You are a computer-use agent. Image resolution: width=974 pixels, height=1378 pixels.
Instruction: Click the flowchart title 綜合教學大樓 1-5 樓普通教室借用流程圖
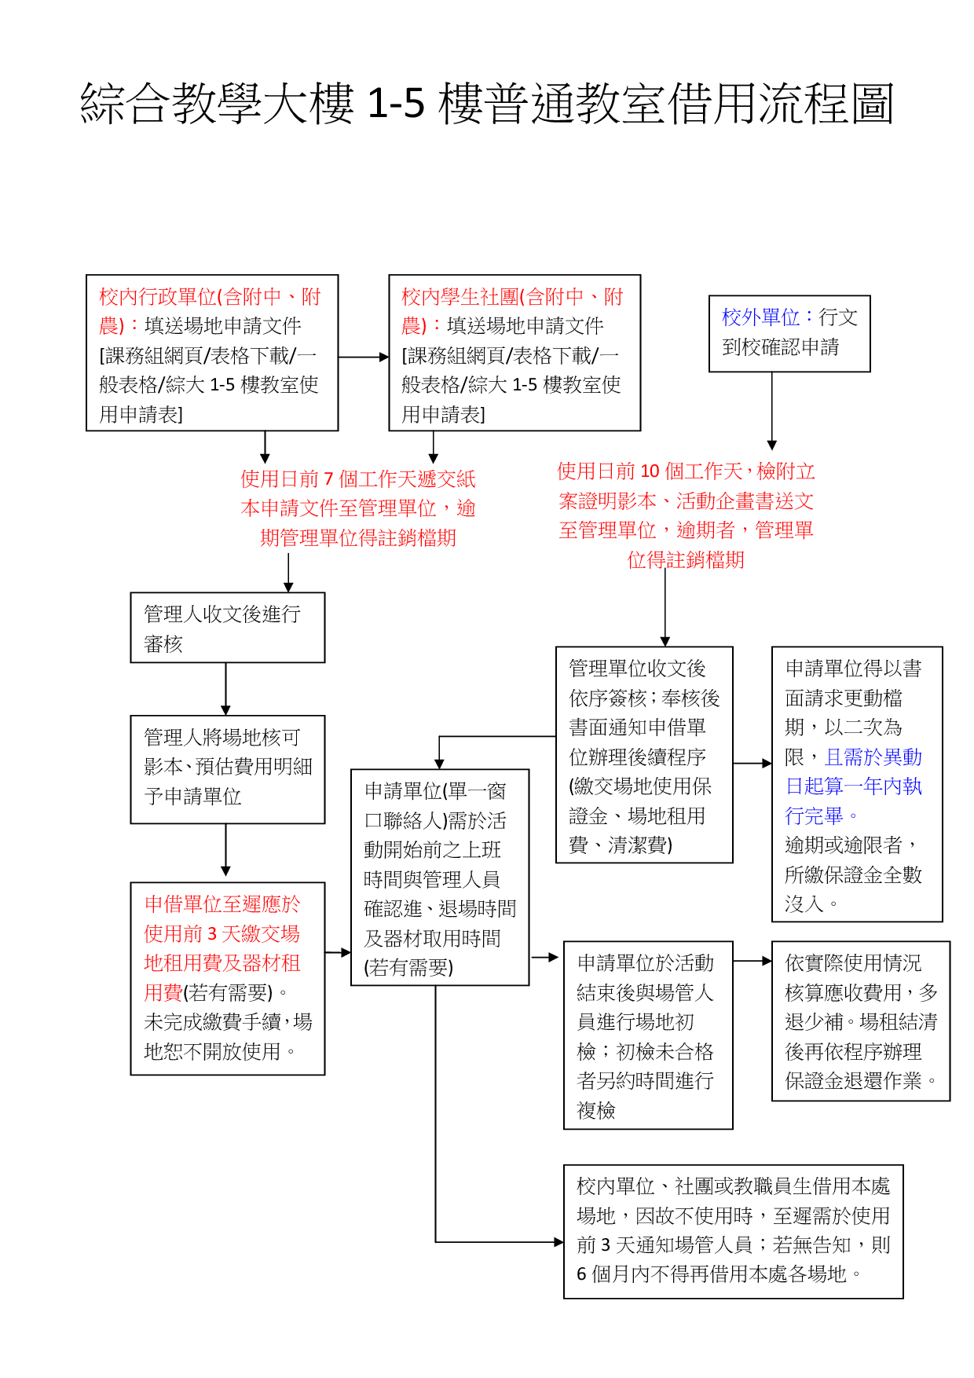click(487, 104)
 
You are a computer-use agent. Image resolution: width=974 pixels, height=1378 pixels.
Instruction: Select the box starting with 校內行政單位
click(212, 354)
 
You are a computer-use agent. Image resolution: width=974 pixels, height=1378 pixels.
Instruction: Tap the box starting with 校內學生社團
click(514, 354)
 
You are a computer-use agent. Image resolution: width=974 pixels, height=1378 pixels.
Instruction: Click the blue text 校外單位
click(760, 317)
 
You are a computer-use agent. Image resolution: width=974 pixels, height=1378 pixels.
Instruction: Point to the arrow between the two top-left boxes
click(363, 357)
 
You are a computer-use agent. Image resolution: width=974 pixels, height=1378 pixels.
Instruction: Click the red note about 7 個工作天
click(358, 508)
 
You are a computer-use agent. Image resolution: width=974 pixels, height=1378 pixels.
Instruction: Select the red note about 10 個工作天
click(686, 515)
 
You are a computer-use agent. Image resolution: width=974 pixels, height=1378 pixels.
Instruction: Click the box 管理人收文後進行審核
click(227, 628)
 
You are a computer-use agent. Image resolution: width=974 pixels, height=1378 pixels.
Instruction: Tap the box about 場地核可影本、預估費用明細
click(227, 769)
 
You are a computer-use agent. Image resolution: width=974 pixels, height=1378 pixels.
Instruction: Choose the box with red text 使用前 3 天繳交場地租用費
click(227, 978)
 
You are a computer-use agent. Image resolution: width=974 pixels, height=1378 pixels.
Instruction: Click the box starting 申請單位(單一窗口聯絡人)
click(440, 878)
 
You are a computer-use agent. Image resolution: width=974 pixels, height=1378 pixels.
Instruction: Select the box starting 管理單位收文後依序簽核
click(644, 755)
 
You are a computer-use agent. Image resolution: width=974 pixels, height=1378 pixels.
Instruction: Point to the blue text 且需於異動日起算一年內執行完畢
click(854, 786)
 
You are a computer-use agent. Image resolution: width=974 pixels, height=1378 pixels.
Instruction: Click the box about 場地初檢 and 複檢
click(648, 1035)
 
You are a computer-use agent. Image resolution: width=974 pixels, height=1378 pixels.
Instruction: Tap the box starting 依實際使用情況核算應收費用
click(860, 1021)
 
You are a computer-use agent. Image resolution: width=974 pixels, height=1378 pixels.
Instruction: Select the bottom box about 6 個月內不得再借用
click(733, 1231)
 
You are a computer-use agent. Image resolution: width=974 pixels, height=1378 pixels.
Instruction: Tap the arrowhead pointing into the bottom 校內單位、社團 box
click(558, 1242)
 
